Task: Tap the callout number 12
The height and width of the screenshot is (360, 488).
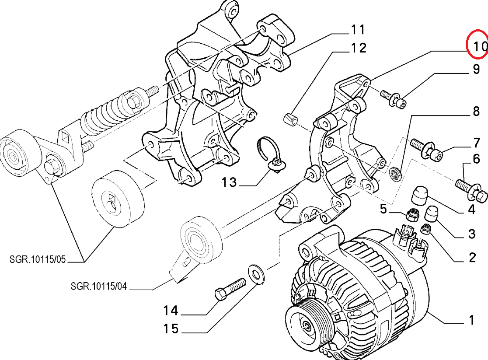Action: click(358, 48)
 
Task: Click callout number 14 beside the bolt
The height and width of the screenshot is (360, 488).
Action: click(171, 311)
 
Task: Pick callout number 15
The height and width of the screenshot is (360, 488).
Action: click(171, 329)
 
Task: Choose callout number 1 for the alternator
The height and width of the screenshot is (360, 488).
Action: click(471, 321)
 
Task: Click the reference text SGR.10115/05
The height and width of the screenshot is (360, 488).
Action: click(38, 259)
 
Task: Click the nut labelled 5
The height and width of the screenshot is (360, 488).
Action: click(411, 215)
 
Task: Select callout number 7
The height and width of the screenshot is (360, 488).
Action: click(476, 143)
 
